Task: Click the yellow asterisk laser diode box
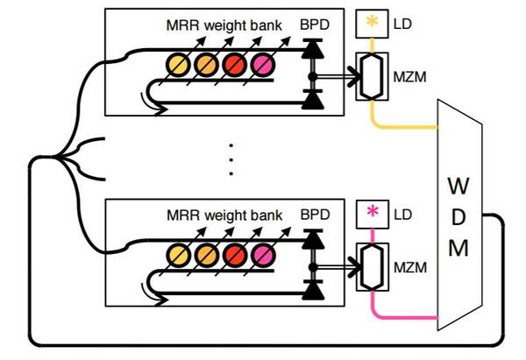[x=372, y=24]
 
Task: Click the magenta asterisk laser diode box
[x=372, y=211]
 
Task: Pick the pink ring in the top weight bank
[x=262, y=64]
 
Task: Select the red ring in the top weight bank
[x=234, y=64]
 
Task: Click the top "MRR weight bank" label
[x=224, y=25]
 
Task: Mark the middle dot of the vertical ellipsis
[x=231, y=160]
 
